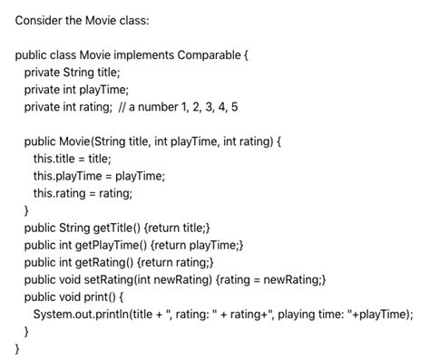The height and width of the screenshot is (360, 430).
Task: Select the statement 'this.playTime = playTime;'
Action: pyautogui.click(x=99, y=176)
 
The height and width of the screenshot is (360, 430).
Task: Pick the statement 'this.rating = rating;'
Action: pyautogui.click(x=83, y=193)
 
